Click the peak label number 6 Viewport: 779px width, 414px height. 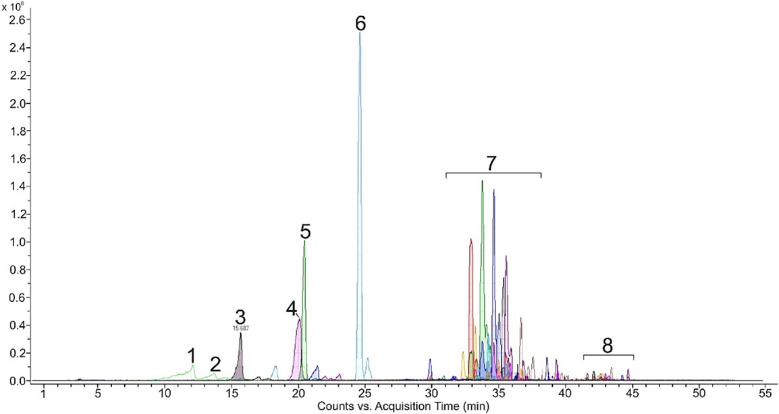click(360, 24)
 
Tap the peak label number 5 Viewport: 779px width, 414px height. click(305, 232)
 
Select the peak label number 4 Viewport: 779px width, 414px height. click(292, 309)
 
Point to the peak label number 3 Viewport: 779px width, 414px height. click(240, 316)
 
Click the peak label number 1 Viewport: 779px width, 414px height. click(192, 355)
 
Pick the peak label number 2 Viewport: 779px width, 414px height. click(215, 364)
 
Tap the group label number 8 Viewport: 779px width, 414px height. click(608, 346)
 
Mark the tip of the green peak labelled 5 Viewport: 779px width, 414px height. click(304, 242)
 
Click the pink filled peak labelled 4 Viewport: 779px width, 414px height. click(297, 351)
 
